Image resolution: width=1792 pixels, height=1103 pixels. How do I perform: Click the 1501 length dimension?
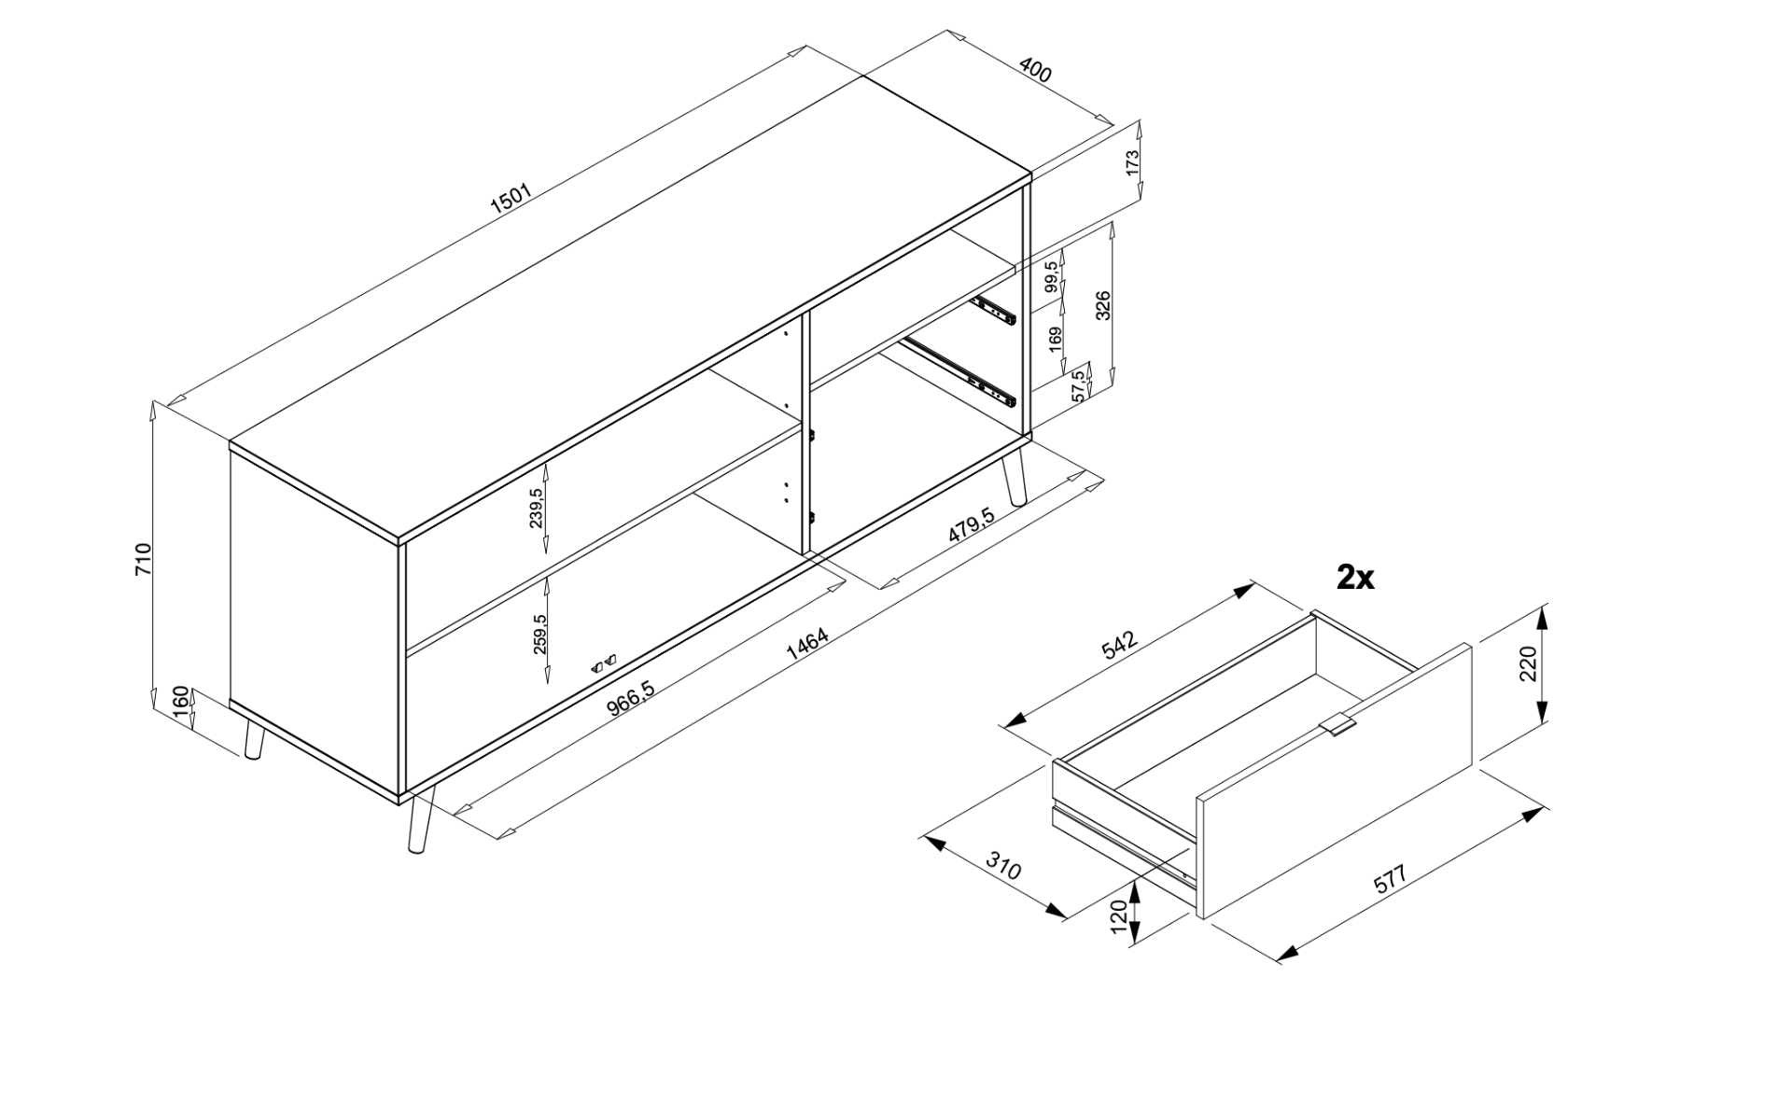tap(511, 201)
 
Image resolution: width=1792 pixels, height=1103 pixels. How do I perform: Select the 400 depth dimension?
tap(1035, 70)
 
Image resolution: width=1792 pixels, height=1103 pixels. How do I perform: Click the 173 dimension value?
tap(1133, 162)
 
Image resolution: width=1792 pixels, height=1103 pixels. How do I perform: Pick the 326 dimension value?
tap(1103, 305)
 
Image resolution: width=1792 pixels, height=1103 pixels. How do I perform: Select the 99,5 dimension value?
tap(1054, 277)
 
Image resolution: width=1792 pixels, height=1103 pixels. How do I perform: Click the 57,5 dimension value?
tap(1080, 385)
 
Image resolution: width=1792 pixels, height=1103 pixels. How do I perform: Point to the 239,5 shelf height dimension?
tap(537, 508)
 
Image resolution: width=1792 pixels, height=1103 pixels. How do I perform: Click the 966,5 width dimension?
tap(632, 699)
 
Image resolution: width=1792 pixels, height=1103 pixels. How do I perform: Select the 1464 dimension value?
tap(807, 645)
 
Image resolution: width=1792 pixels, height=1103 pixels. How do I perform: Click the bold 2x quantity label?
tap(1355, 578)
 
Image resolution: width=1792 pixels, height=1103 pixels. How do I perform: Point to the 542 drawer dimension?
tap(1121, 645)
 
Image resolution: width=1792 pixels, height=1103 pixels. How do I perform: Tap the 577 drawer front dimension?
tap(1390, 880)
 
